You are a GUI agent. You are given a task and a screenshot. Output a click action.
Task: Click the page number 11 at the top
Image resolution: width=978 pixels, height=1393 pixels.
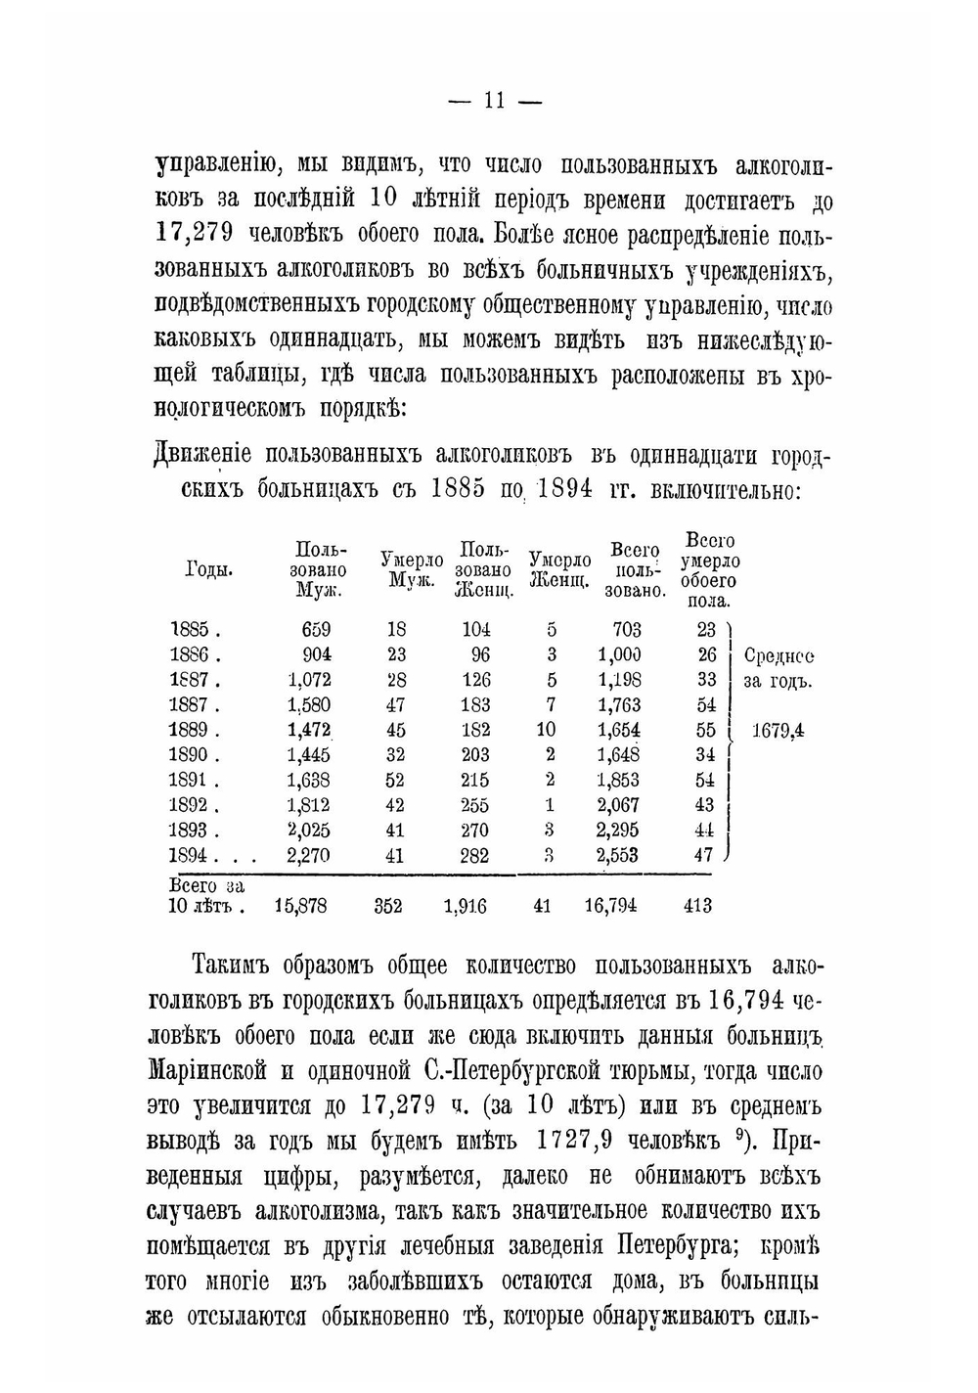point(493,100)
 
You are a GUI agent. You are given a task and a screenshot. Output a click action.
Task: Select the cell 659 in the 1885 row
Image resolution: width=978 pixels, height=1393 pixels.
point(316,629)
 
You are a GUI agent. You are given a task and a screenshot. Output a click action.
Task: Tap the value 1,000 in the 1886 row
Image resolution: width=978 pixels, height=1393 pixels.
point(619,654)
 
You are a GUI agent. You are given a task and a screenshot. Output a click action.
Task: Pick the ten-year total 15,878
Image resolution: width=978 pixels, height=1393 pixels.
point(301,906)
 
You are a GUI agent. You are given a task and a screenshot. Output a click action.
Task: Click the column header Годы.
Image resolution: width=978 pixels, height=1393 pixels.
point(208,570)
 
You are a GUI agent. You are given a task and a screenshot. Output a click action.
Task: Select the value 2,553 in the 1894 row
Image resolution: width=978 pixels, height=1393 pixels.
point(618,855)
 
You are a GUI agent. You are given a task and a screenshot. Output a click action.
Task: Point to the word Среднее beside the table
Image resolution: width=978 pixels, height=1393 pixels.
point(778,655)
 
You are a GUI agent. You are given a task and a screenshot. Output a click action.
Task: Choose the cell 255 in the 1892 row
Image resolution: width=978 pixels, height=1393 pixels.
point(476,805)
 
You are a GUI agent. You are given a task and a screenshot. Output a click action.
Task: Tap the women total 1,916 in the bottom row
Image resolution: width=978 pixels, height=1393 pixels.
point(465,906)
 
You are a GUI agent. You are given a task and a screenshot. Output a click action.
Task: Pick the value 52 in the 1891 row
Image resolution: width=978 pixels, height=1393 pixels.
point(397,780)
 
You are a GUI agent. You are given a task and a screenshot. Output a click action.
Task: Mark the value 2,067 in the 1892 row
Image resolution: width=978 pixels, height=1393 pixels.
point(618,805)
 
